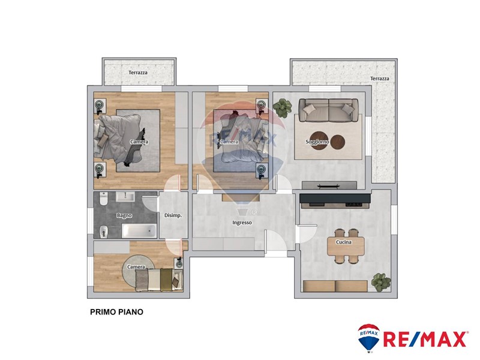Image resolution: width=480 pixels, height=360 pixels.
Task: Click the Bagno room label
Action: click(x=124, y=215)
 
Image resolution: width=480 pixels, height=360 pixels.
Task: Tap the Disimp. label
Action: click(x=173, y=215)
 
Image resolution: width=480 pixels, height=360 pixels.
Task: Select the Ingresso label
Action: click(x=242, y=223)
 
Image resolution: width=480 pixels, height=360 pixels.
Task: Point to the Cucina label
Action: click(x=343, y=242)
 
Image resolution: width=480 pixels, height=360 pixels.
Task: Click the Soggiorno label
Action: click(x=317, y=142)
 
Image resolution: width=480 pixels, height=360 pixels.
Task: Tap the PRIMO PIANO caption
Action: click(x=116, y=312)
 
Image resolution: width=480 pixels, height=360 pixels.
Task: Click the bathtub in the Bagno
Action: click(x=139, y=231)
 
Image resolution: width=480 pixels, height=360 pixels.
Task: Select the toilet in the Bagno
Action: click(x=103, y=199)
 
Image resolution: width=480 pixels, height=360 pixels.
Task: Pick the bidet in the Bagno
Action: click(x=104, y=232)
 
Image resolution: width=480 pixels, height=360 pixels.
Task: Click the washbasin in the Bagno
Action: click(x=125, y=197)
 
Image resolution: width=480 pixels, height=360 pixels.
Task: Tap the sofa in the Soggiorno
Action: click(x=328, y=110)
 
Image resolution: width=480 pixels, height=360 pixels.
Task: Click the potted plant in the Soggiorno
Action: click(x=282, y=108)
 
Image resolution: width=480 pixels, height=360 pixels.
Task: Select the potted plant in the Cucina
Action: click(x=381, y=282)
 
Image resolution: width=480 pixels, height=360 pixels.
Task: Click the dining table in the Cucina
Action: click(x=346, y=246)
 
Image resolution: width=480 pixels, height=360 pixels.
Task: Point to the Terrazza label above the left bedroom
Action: click(x=138, y=73)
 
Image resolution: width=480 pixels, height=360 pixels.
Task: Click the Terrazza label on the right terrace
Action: click(x=380, y=79)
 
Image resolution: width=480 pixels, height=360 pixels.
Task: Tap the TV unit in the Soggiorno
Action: click(x=329, y=185)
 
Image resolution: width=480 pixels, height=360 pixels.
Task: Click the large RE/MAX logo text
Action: click(x=425, y=340)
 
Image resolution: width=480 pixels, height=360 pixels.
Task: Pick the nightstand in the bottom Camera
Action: click(x=179, y=263)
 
